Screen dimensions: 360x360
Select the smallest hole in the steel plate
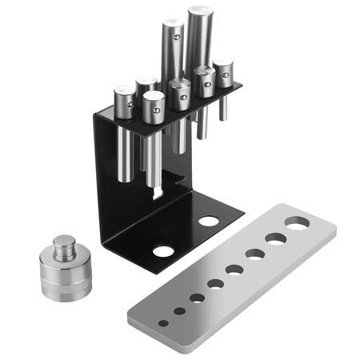click(163, 323)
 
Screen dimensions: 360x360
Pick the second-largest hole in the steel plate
click(277, 238)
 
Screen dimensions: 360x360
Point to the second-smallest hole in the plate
click(179, 311)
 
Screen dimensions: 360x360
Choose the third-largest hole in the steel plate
click(255, 254)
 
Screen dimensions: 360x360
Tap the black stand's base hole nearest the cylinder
click(163, 250)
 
